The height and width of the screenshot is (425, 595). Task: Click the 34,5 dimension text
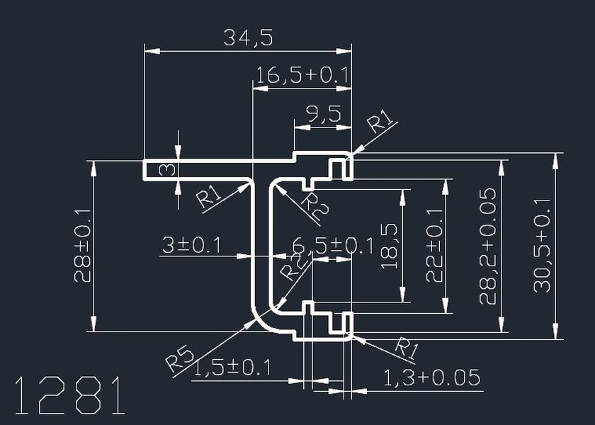248,38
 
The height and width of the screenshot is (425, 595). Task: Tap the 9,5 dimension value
323,114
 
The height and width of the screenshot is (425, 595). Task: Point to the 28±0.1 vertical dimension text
83,245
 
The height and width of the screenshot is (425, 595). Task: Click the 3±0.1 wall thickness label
191,245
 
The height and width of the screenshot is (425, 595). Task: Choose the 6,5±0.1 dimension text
333,246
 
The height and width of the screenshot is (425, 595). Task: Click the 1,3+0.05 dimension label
431,378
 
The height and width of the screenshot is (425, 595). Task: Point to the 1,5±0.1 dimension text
232,367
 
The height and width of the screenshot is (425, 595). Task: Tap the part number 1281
69,395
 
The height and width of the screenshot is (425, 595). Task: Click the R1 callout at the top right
381,121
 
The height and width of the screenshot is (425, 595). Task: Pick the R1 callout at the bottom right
405,348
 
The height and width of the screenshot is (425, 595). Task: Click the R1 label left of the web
210,196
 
